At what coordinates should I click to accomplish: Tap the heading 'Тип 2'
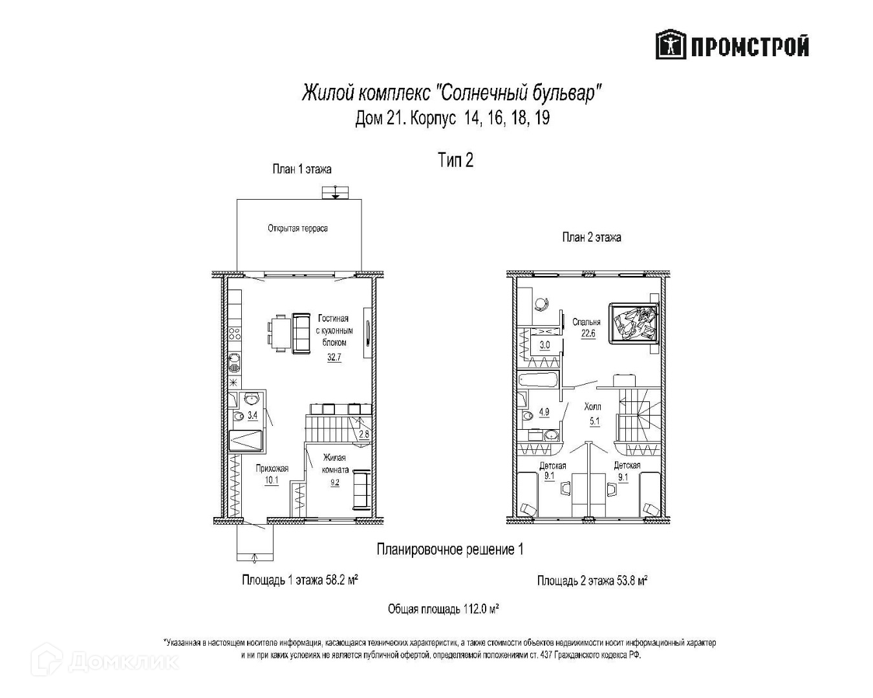coord(455,160)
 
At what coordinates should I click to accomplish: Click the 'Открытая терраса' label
coord(297,228)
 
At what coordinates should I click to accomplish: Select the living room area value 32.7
coord(334,357)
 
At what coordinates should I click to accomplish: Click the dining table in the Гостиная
coord(279,332)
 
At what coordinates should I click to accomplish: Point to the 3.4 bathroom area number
coord(253,415)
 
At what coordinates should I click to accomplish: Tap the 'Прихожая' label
coord(272,468)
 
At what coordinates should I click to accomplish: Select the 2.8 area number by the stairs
coord(363,434)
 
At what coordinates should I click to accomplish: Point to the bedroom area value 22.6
coord(588,334)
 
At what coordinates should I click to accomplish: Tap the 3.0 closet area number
coord(544,345)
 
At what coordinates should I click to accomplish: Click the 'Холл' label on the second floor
coord(592,407)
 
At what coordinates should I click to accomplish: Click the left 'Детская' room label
coord(553,465)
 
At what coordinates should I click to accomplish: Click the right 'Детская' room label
coord(627,465)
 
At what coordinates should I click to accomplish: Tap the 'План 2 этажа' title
coord(591,237)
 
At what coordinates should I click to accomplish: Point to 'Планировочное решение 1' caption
coord(449,549)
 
